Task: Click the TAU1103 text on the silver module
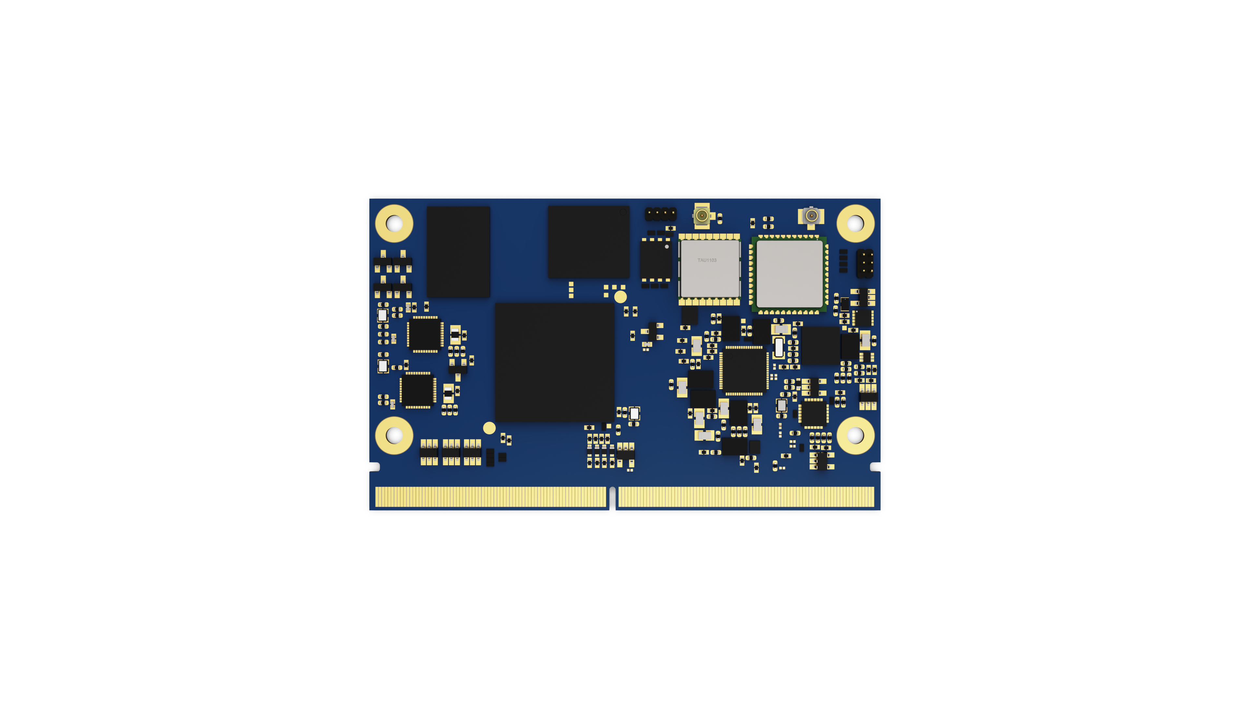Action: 707,260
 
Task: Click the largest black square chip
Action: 555,362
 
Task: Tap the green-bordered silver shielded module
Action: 789,275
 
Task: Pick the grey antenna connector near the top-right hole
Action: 811,216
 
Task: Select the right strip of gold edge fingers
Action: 746,497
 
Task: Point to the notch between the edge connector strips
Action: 612,498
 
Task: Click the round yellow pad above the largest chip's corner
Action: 621,297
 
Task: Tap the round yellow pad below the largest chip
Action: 489,428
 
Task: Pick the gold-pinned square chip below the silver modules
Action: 744,370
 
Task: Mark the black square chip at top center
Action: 589,242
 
